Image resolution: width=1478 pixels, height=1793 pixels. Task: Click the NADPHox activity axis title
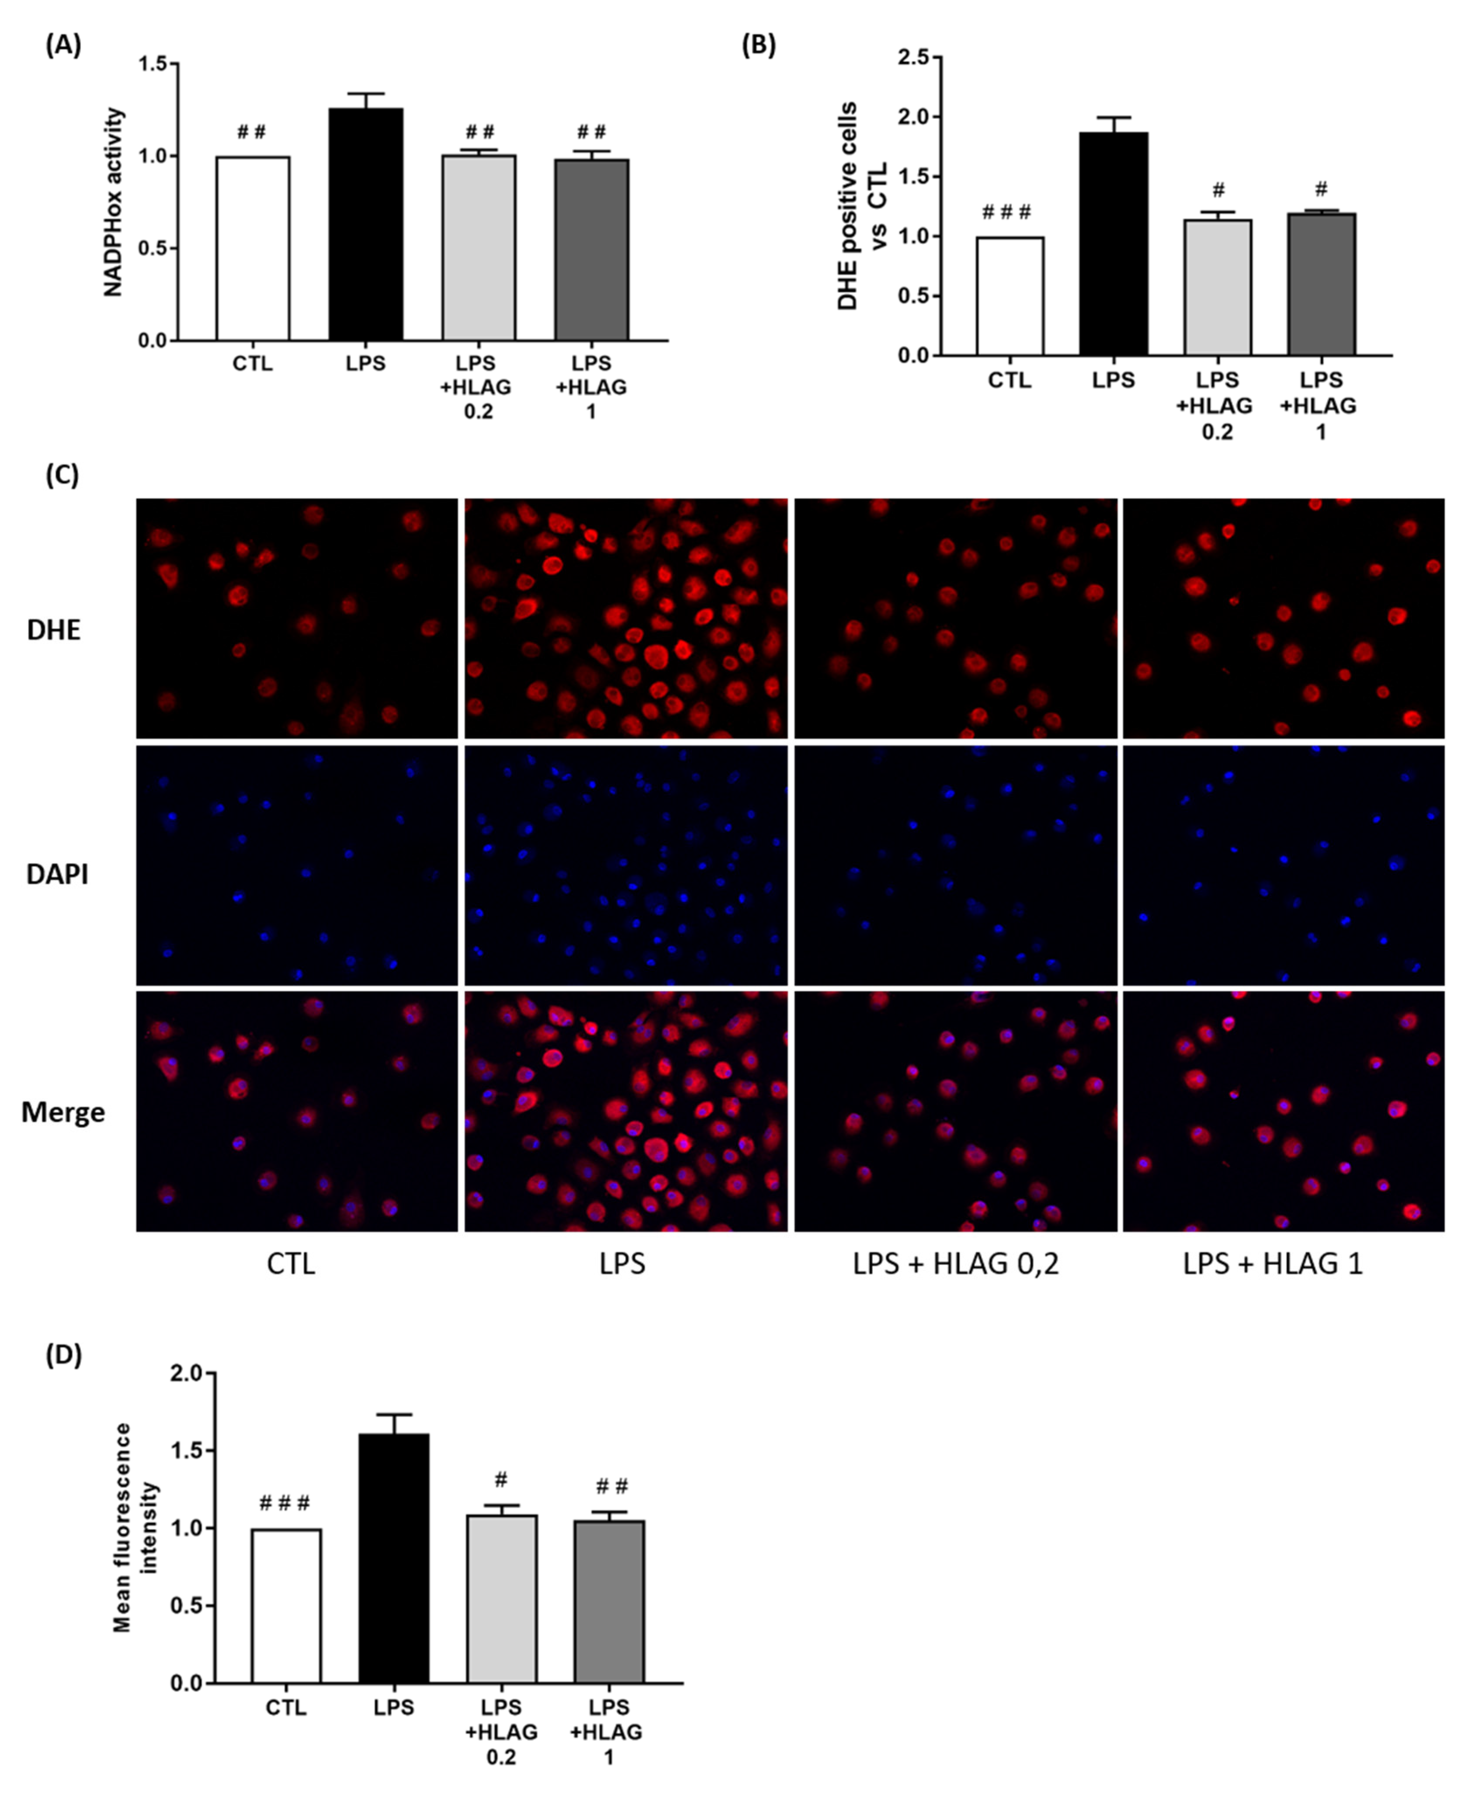coord(113,202)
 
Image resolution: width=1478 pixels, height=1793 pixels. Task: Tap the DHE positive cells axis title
coord(862,206)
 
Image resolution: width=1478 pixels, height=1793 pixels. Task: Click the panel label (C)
coord(62,474)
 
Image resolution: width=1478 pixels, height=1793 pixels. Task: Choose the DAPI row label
coord(57,874)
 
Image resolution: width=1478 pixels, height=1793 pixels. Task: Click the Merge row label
coord(63,1112)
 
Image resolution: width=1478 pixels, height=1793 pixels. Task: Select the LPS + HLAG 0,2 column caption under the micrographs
coord(955,1263)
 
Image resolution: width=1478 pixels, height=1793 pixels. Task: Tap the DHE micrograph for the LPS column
coord(626,618)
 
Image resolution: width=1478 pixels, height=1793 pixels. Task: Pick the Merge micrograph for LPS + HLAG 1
coord(1283,1111)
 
